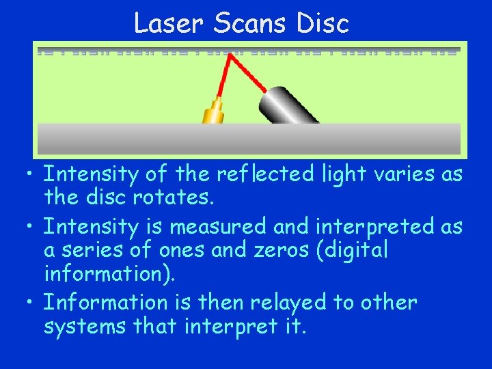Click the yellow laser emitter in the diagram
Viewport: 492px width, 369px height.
(215, 111)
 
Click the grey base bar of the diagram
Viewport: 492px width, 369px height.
(248, 138)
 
